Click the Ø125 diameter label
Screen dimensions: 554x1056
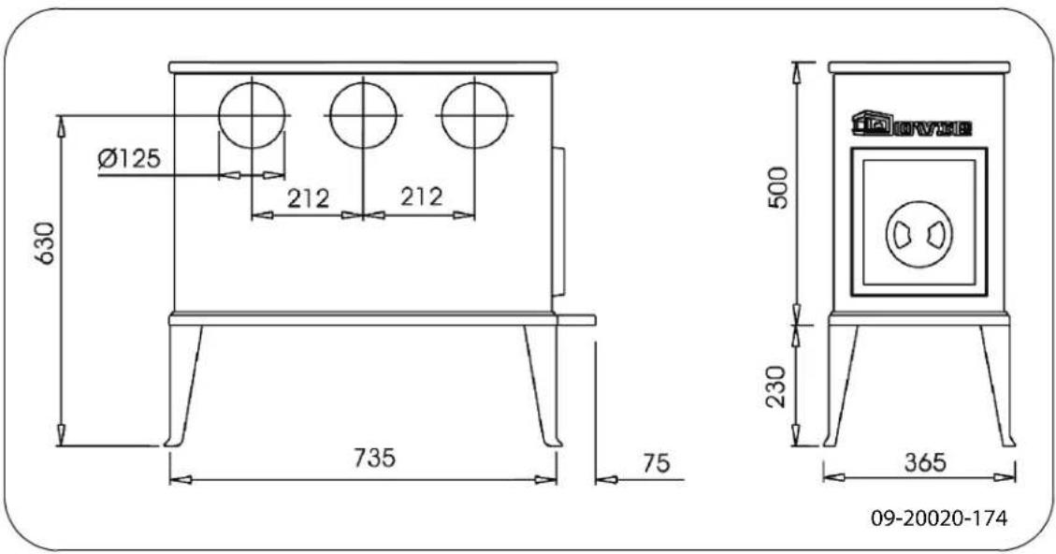coord(128,158)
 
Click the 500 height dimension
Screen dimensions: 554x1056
coord(778,191)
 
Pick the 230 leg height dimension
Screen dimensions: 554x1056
coord(778,386)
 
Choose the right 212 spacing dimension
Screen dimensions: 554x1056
coord(420,198)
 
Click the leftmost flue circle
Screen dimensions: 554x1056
coord(252,115)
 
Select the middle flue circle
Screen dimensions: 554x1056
coord(363,115)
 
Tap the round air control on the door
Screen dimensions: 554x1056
coord(917,234)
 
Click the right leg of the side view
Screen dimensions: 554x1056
coord(996,386)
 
